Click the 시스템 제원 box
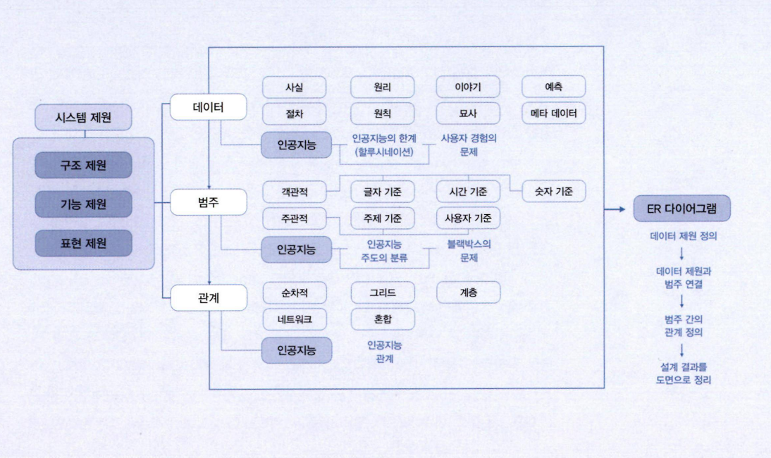[83, 118]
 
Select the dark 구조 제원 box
[83, 165]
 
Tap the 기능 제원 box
[83, 204]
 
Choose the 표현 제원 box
[83, 243]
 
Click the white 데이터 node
[208, 107]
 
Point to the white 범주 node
[208, 202]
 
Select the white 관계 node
[208, 298]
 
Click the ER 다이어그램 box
[681, 209]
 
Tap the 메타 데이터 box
[554, 113]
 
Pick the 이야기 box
[468, 87]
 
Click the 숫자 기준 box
[554, 192]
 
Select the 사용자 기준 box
[468, 218]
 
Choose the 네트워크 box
[295, 319]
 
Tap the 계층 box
[468, 293]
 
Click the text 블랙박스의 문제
[469, 251]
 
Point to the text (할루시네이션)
[384, 152]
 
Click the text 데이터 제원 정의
[684, 236]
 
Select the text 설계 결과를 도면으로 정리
[684, 373]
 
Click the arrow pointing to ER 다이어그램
[615, 209]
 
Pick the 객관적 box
[295, 192]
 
